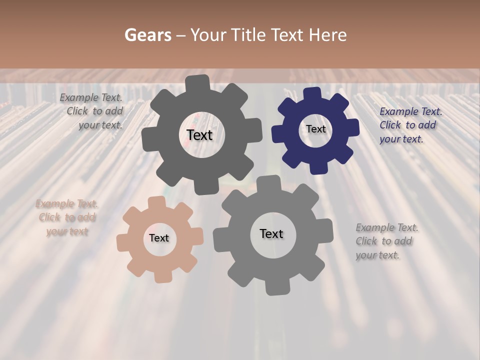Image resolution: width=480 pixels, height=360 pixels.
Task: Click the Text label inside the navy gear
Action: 315,129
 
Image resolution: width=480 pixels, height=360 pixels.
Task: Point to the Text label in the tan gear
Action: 159,238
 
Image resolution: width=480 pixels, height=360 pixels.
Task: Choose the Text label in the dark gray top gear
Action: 199,135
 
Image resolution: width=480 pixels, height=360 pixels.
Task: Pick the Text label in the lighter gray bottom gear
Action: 271,234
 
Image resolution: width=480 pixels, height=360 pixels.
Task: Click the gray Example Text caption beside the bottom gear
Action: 386,241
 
